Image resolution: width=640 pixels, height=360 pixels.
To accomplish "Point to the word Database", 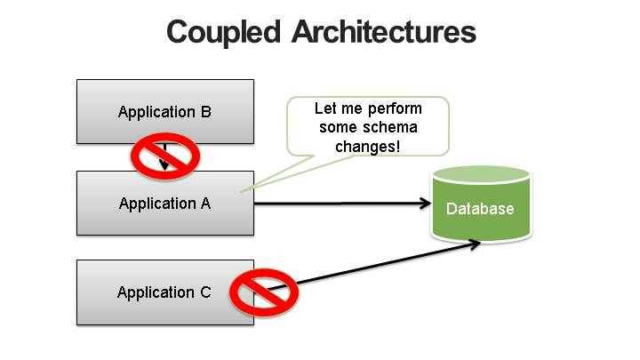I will coord(480,209).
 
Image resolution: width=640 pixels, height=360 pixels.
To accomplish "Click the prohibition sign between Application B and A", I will coord(165,156).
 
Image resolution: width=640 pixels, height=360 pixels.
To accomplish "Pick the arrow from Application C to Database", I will coord(373,266).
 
